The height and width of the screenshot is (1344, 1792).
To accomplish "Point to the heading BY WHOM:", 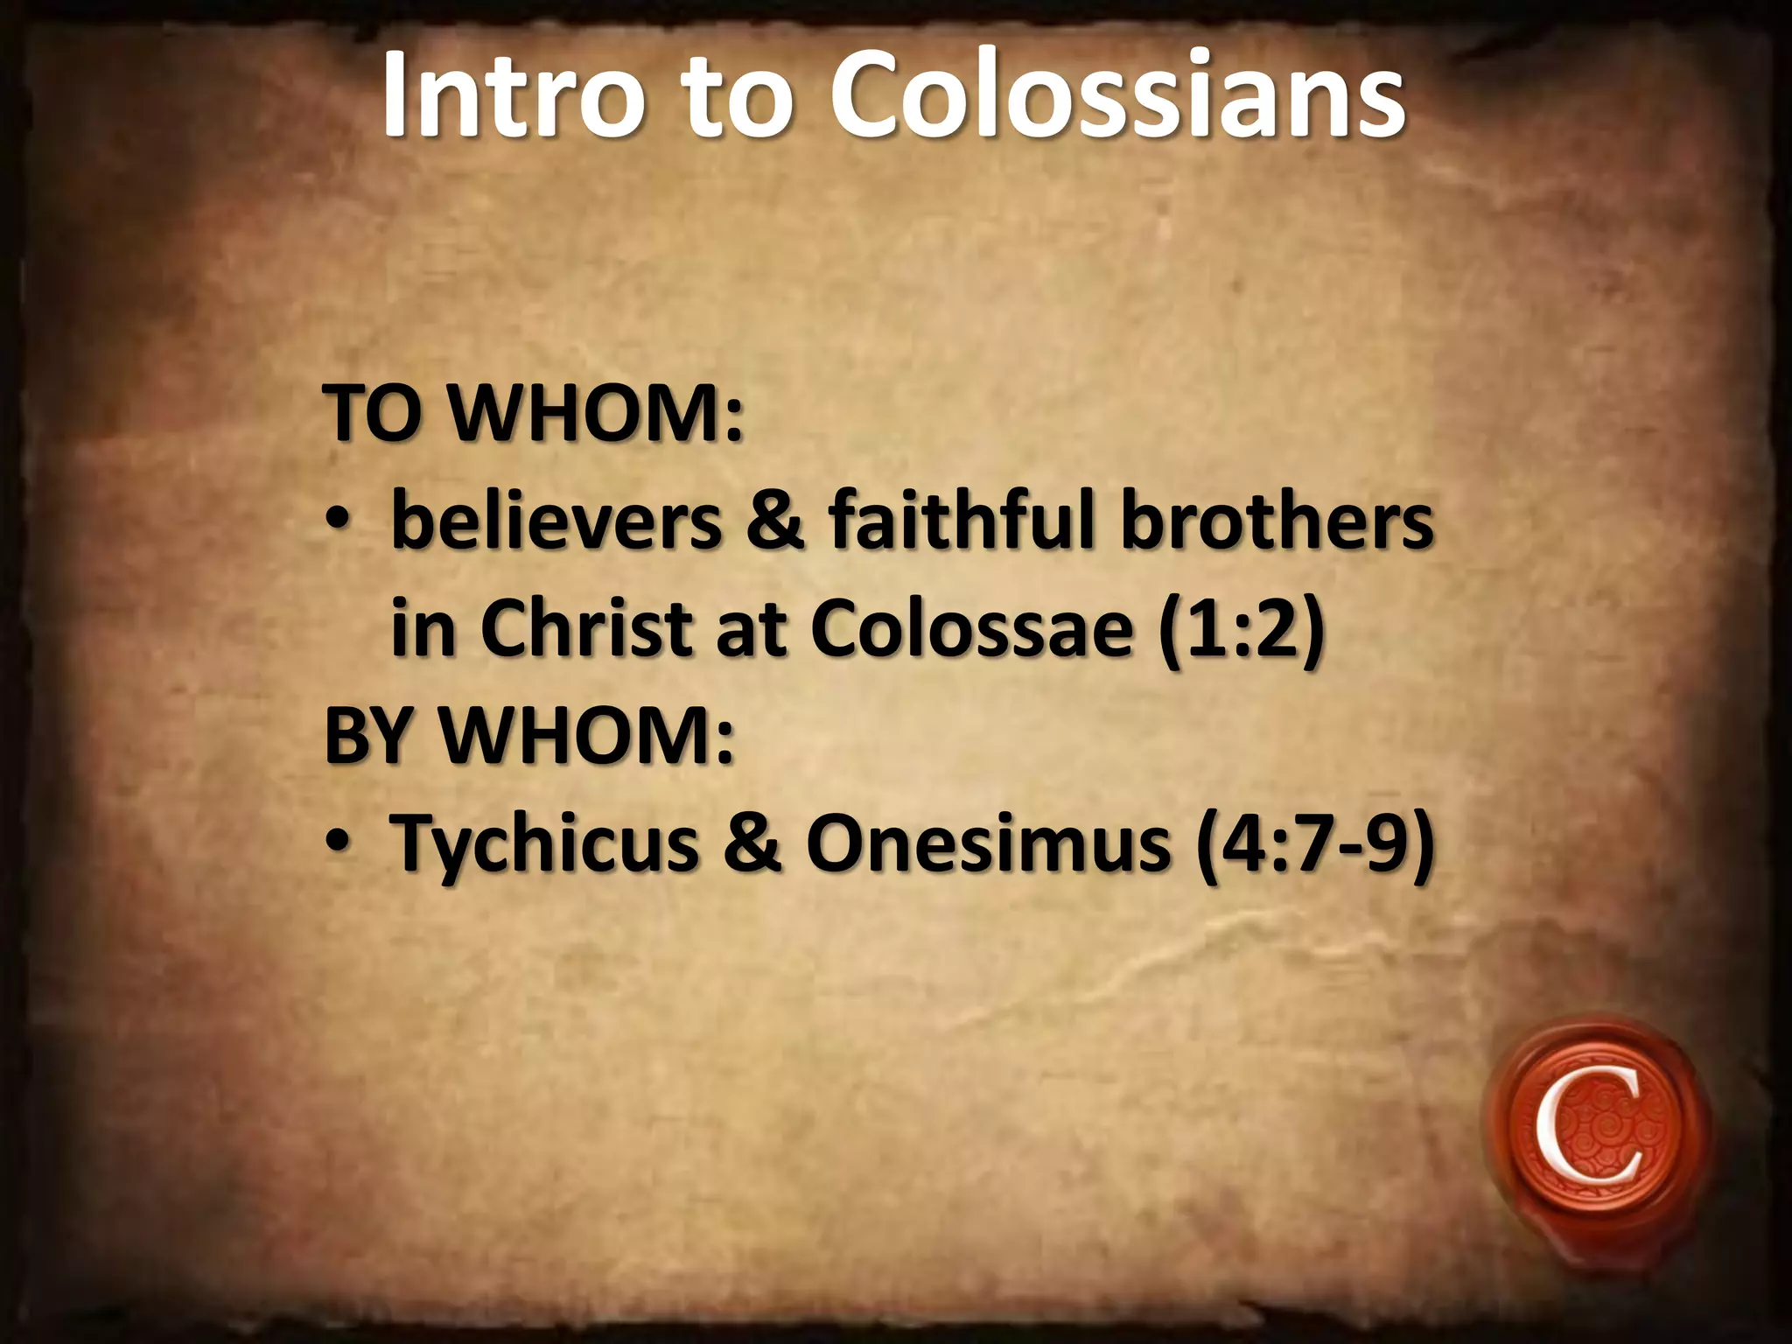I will (x=528, y=737).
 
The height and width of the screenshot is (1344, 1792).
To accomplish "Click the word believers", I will (x=556, y=522).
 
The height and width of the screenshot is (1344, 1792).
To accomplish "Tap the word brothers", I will (x=1277, y=522).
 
